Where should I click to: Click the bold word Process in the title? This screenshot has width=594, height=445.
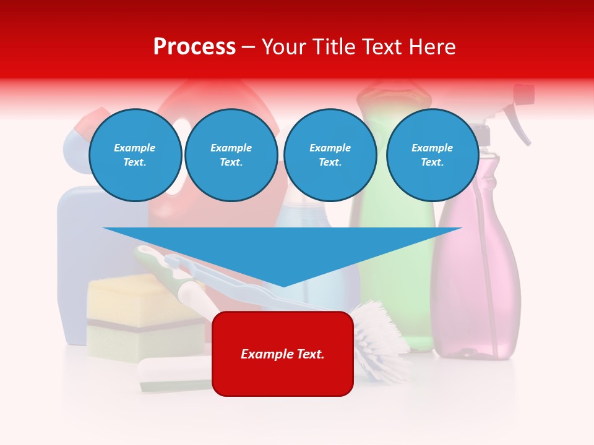click(194, 47)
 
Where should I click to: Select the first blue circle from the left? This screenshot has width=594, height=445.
click(135, 155)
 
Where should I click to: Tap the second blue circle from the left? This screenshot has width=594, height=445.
click(231, 155)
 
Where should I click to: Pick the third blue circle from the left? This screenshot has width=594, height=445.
click(330, 155)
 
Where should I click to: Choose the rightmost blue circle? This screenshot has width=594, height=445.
click(432, 155)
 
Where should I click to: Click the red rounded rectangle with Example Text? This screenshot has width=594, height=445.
click(283, 354)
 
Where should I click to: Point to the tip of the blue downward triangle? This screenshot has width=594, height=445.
click(283, 285)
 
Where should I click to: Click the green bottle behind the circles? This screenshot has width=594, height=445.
click(396, 247)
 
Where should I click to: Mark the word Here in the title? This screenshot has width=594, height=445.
click(431, 47)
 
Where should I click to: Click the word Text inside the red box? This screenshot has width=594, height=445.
click(309, 354)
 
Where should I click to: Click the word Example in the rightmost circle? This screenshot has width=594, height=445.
click(432, 148)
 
